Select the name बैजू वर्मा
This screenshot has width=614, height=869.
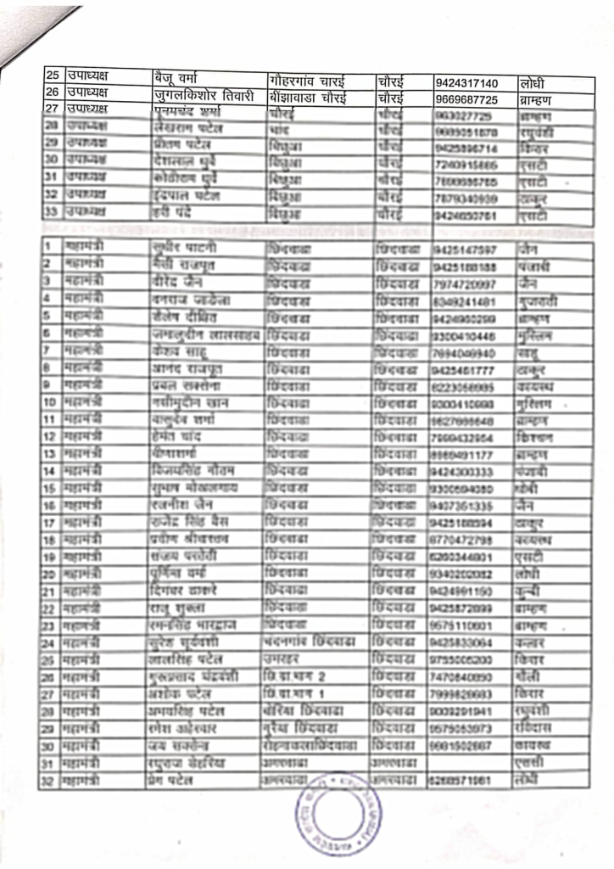coord(181,80)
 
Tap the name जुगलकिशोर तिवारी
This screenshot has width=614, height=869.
coord(204,96)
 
